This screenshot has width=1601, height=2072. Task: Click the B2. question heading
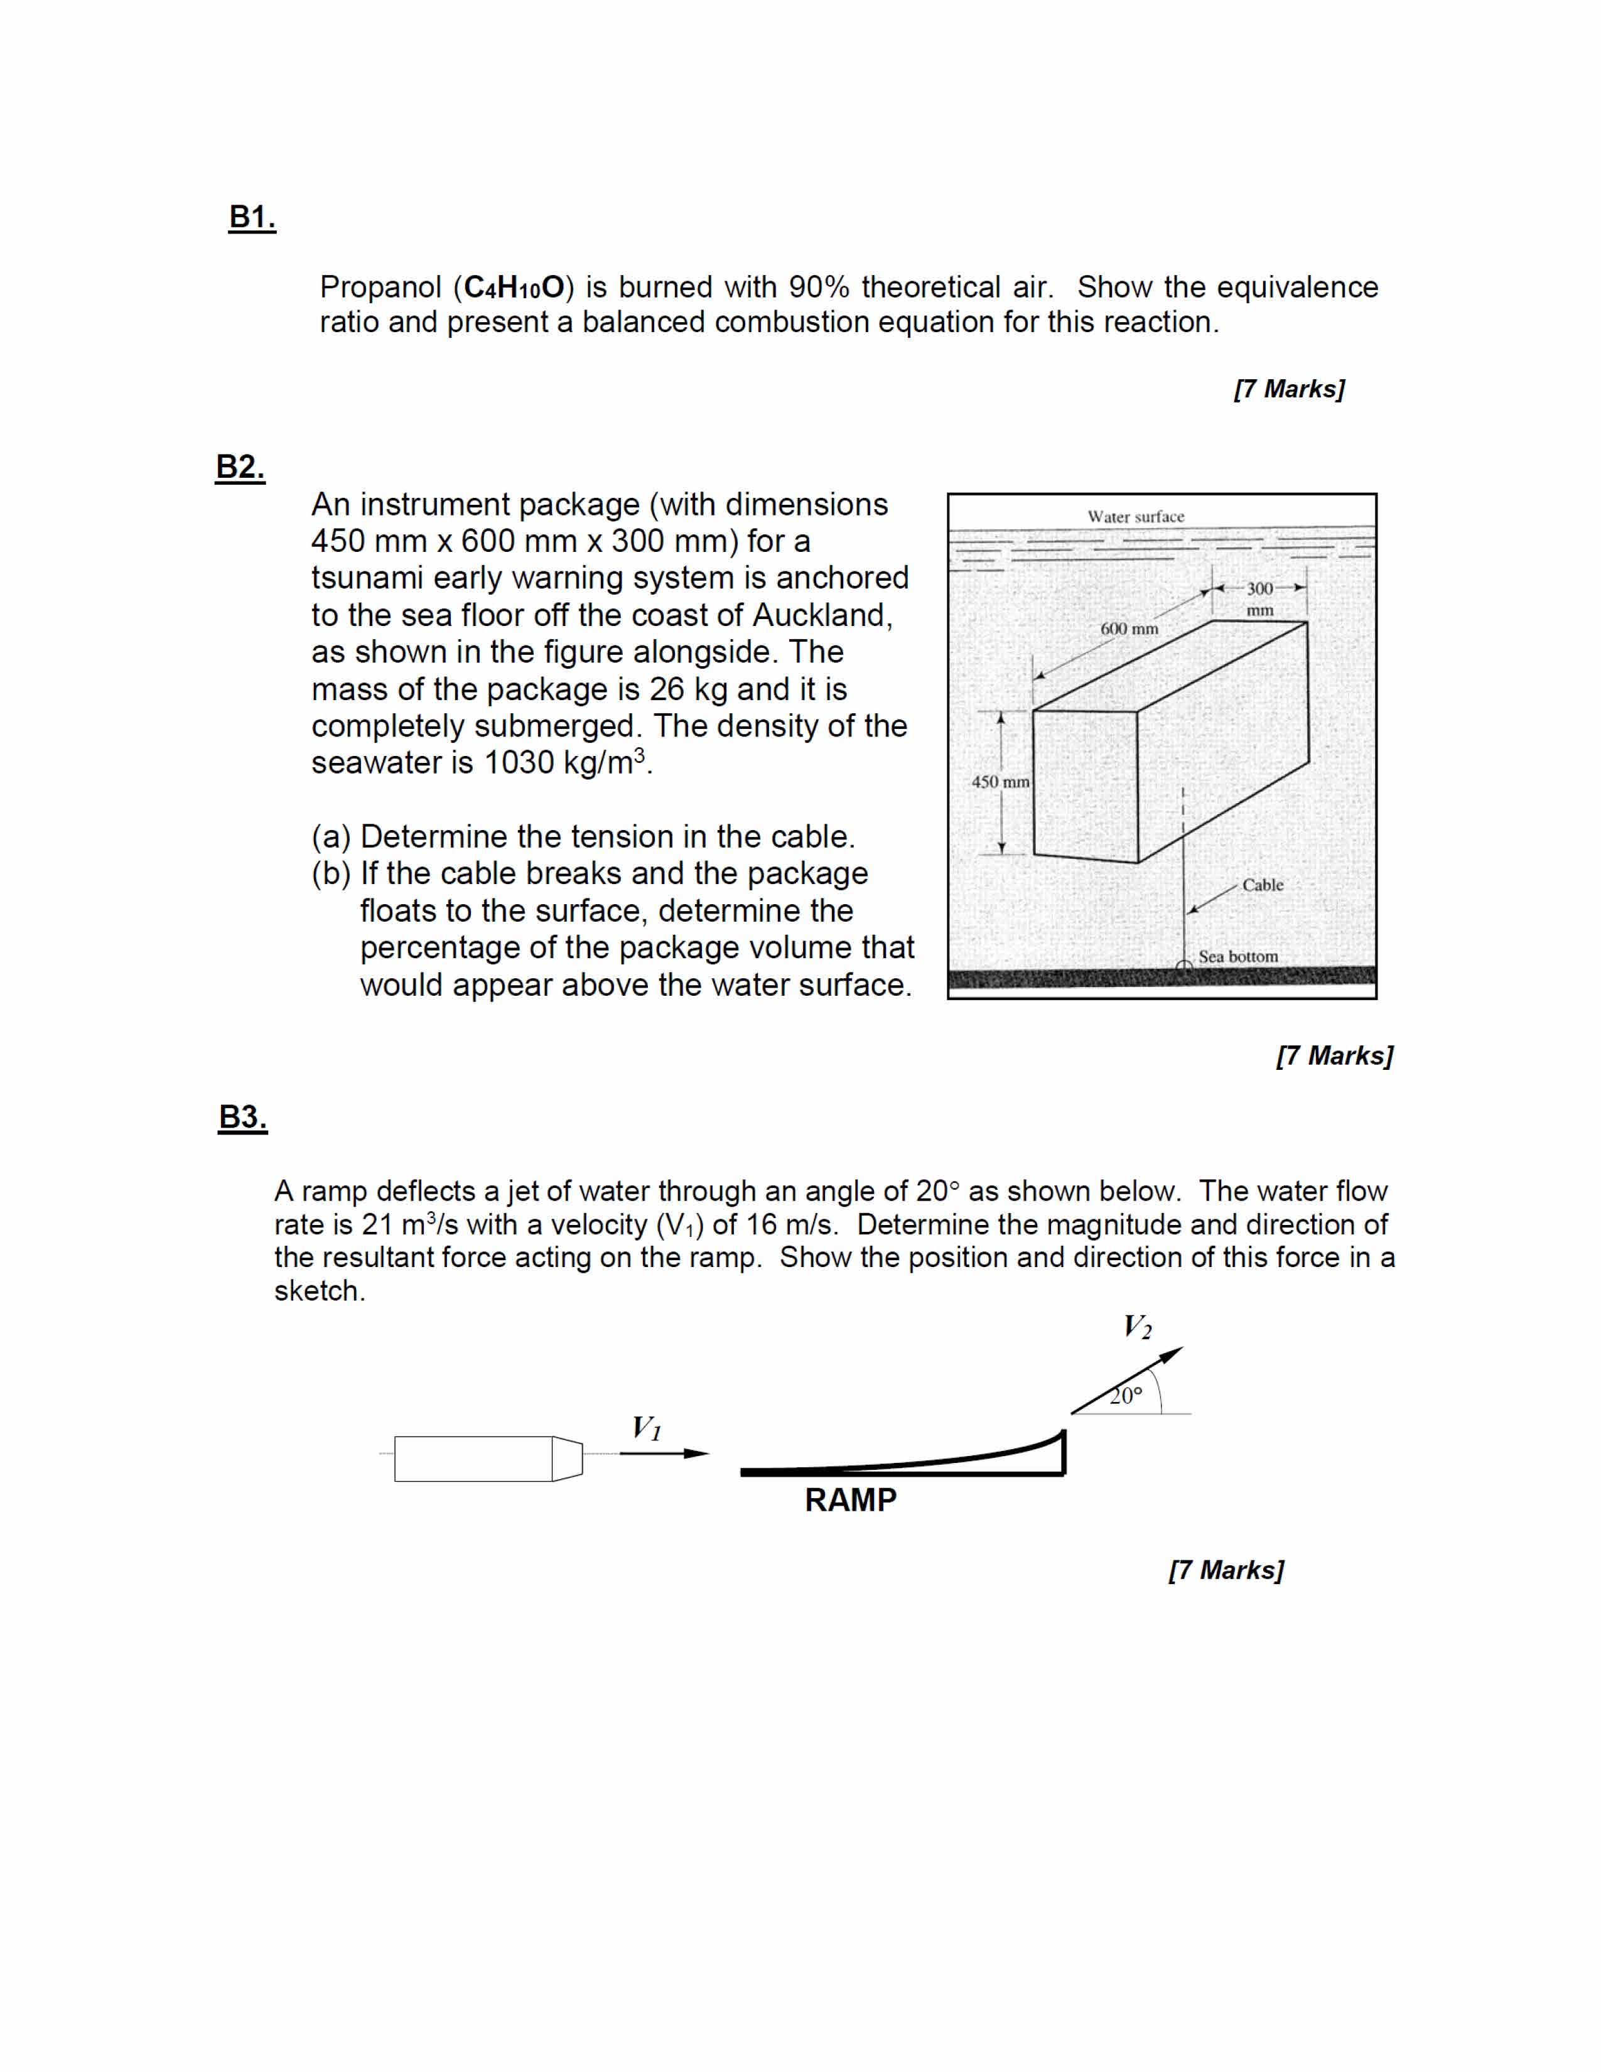click(x=240, y=467)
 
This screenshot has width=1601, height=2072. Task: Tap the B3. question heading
click(x=243, y=1116)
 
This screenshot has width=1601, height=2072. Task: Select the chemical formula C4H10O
click(x=514, y=288)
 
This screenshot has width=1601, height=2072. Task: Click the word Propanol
click(x=380, y=288)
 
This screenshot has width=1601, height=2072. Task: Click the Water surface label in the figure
click(x=1135, y=517)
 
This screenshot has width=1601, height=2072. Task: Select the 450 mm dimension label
click(x=1000, y=782)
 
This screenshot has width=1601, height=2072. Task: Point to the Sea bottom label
click(x=1237, y=956)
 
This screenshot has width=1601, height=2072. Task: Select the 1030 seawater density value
click(x=519, y=763)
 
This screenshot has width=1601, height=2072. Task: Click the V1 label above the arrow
click(x=647, y=1428)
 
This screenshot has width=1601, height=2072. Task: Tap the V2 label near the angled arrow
click(x=1137, y=1326)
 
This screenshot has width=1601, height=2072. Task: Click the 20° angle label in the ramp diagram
click(x=1127, y=1396)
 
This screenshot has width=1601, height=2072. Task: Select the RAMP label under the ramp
click(x=850, y=1500)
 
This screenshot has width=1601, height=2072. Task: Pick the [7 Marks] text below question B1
click(x=1289, y=389)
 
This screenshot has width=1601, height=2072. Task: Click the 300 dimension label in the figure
click(x=1259, y=589)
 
